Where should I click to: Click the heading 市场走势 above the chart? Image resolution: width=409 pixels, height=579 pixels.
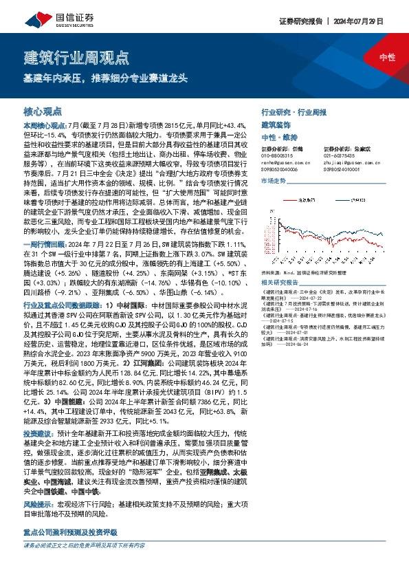[x=273, y=179]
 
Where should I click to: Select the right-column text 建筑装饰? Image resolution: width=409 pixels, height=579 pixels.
[x=276, y=125]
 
